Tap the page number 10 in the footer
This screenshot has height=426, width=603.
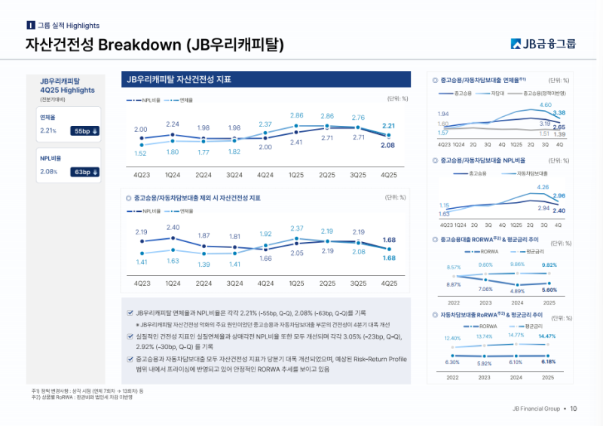click(x=574, y=409)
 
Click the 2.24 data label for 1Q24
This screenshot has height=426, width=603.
click(x=173, y=124)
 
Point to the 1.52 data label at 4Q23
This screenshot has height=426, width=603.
click(x=141, y=154)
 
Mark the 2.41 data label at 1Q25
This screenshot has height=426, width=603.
click(x=296, y=143)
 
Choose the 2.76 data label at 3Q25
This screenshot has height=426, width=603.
click(x=358, y=118)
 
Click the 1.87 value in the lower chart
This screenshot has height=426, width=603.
click(x=204, y=235)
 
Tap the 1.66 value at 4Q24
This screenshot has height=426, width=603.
click(x=265, y=258)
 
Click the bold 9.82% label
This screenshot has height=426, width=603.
click(x=549, y=265)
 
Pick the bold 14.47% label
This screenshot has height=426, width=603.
click(x=547, y=336)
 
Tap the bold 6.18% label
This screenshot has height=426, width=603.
click(x=548, y=362)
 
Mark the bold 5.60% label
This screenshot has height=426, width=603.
click(x=549, y=290)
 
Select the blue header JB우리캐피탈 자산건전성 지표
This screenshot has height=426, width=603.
click(x=179, y=79)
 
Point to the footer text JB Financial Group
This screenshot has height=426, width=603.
click(x=534, y=409)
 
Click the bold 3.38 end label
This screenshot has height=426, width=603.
click(x=559, y=112)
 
